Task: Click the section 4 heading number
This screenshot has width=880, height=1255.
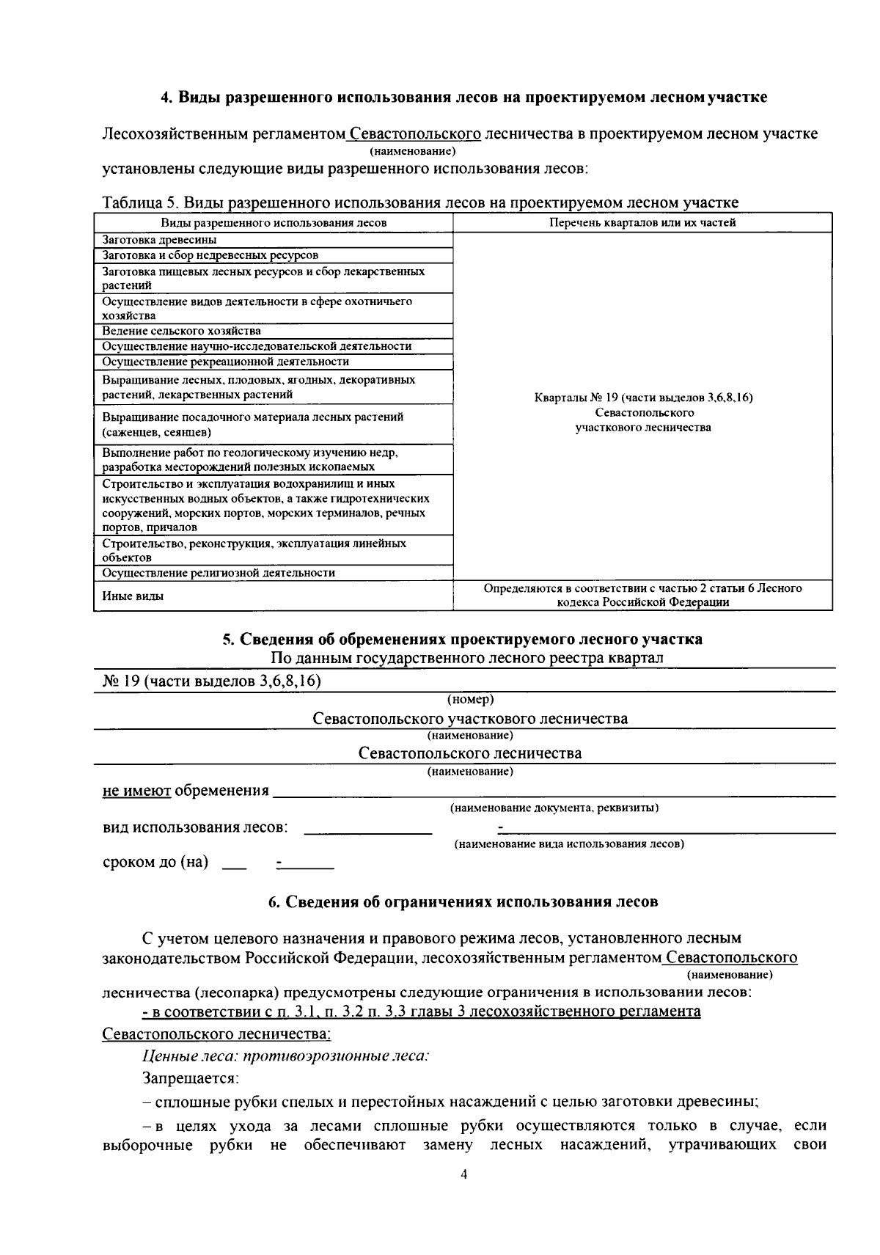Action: [166, 97]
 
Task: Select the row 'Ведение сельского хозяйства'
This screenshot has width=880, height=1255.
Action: [181, 331]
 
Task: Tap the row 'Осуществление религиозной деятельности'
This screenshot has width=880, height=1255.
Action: [219, 573]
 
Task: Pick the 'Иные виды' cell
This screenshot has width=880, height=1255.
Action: [133, 596]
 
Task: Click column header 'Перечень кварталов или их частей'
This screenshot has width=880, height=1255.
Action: [642, 222]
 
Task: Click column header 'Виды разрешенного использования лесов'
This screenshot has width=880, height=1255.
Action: [274, 222]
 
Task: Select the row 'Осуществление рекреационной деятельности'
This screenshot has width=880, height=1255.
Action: [225, 362]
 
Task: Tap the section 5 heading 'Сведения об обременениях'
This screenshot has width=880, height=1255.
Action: [462, 639]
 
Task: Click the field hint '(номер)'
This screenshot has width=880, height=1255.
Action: [470, 699]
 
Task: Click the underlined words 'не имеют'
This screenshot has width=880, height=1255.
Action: [136, 791]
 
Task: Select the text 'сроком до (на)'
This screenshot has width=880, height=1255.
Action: [155, 862]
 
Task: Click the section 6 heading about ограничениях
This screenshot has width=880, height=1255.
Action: [462, 902]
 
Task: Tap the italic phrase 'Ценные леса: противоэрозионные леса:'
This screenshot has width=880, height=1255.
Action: [285, 1055]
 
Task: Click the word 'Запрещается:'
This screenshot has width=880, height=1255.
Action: [191, 1079]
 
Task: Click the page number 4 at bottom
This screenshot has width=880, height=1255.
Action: [463, 1174]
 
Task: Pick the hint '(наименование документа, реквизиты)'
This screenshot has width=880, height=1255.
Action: [554, 808]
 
